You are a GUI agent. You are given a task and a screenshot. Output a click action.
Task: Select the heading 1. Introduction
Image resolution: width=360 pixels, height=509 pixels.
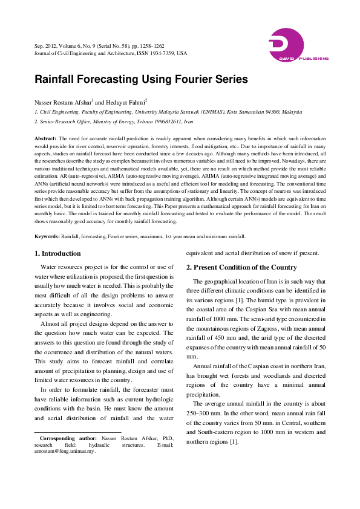tap(57, 253)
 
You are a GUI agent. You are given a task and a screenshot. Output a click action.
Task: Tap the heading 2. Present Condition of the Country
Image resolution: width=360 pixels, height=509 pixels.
tap(241, 267)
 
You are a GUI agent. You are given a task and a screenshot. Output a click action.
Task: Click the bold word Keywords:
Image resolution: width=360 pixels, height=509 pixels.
tap(47, 236)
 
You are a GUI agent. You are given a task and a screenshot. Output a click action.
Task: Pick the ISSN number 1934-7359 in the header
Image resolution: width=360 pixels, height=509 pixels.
tap(162, 53)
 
